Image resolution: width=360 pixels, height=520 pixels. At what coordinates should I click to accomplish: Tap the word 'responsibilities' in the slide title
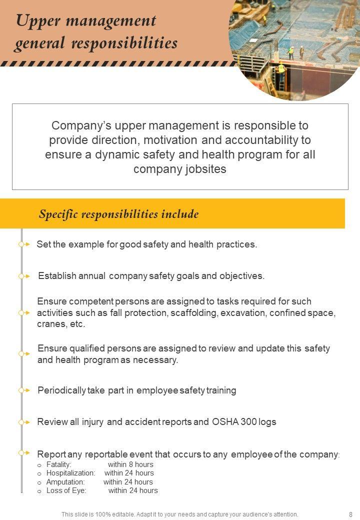[124, 43]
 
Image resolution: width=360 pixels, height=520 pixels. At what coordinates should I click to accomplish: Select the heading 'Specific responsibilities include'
[118, 214]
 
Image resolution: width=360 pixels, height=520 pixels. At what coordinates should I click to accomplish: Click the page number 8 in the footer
[350, 514]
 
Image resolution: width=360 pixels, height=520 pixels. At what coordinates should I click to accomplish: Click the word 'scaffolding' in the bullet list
[194, 313]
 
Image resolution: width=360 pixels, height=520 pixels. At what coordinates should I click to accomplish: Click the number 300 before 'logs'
[249, 422]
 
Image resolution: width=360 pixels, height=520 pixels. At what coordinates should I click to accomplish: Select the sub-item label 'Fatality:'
[59, 464]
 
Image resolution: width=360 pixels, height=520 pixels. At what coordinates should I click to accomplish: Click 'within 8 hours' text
[130, 464]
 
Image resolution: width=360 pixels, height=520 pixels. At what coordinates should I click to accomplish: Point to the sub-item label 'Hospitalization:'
[70, 473]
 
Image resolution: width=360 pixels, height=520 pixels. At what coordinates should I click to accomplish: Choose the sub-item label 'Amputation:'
[65, 482]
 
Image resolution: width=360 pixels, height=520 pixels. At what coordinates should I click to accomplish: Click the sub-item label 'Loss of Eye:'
[66, 490]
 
